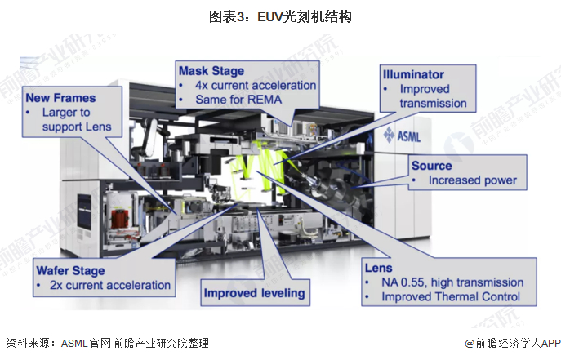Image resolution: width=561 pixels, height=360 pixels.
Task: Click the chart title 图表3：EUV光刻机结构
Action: tap(280, 16)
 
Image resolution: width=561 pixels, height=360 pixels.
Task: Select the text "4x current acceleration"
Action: tap(255, 85)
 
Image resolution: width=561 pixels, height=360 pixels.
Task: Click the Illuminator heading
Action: tap(414, 74)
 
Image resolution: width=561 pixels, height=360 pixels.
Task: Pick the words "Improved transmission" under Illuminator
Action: tap(433, 96)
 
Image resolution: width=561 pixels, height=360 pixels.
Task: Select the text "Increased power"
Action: tap(473, 180)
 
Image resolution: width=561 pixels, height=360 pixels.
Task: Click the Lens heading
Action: tap(380, 267)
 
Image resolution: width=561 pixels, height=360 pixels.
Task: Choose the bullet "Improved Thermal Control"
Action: tap(451, 297)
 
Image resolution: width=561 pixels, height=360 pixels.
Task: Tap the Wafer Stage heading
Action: tap(72, 270)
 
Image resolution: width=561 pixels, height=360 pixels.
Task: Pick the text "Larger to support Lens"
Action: tap(72, 120)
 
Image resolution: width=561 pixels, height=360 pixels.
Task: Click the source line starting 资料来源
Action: tap(107, 343)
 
